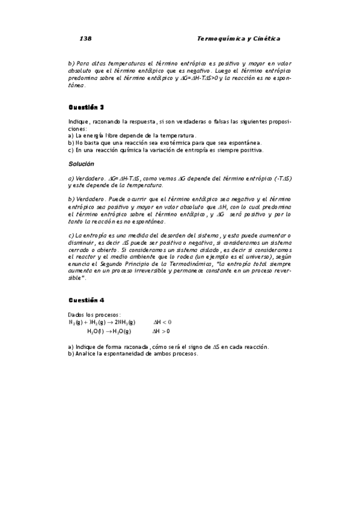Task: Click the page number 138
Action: coord(85,38)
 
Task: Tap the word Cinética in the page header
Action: coord(265,38)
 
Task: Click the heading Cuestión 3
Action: coord(86,108)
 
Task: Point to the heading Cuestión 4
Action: coord(86,300)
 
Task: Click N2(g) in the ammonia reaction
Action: coord(76,322)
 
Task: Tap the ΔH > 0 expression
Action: coord(161,331)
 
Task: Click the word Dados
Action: coord(77,315)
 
